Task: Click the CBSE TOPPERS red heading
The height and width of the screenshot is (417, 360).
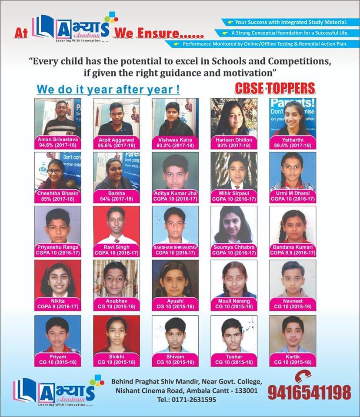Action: coord(275,89)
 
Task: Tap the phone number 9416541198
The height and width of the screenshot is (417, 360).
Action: coord(309,392)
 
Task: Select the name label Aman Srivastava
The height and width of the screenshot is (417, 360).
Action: coord(58,140)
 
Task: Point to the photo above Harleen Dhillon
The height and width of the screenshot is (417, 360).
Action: coord(234,117)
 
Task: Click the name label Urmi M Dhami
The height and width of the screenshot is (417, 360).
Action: coord(293,193)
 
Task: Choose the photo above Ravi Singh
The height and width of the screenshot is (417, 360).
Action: coord(117,225)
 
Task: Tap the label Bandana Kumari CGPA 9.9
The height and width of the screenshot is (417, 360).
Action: coord(293,250)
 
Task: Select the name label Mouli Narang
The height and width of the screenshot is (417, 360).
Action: coord(234,301)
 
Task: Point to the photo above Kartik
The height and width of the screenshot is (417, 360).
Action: coord(293,334)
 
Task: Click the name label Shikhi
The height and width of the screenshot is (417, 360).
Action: coord(117,356)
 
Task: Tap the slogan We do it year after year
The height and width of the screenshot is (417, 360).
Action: coord(108,90)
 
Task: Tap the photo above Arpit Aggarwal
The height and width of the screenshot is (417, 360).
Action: coord(117,117)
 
